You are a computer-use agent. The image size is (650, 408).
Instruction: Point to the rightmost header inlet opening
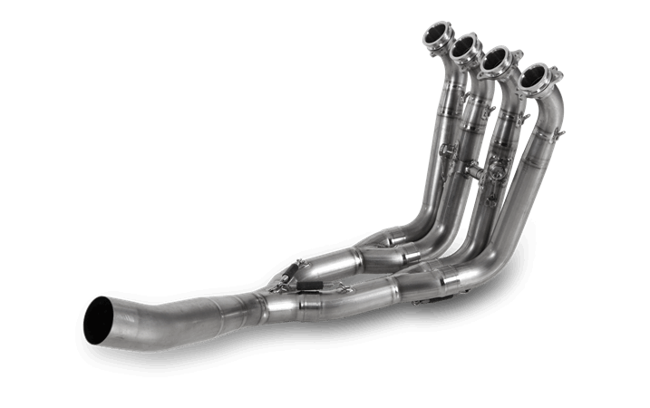click(x=537, y=74)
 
